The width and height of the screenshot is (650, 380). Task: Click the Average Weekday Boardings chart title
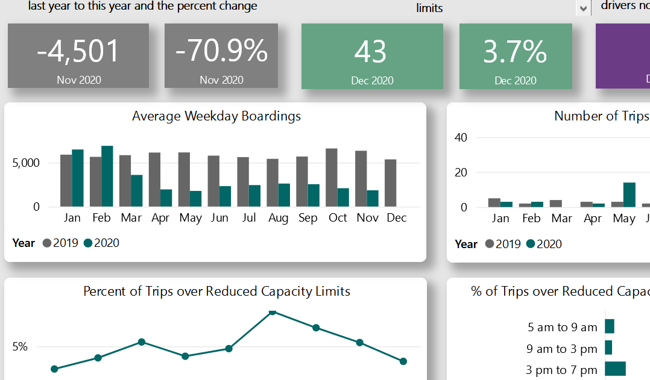tap(216, 116)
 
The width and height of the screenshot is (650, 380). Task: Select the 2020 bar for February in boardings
tap(107, 176)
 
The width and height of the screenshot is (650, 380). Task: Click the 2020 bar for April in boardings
tap(166, 198)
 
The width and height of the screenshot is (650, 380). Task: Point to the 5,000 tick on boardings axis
tap(27, 163)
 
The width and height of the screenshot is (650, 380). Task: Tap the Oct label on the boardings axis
tap(338, 218)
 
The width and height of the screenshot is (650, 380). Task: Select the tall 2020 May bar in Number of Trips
tap(629, 195)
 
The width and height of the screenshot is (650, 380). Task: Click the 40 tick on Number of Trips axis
tap(461, 137)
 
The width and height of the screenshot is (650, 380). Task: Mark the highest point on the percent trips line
tap(273, 311)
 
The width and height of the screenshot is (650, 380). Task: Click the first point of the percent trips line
tap(54, 369)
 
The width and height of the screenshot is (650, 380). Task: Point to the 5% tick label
tap(20, 347)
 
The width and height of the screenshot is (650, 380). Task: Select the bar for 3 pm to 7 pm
tap(615, 369)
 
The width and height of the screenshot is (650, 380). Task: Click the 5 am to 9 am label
tap(562, 328)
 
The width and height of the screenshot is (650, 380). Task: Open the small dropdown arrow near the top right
tap(582, 8)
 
